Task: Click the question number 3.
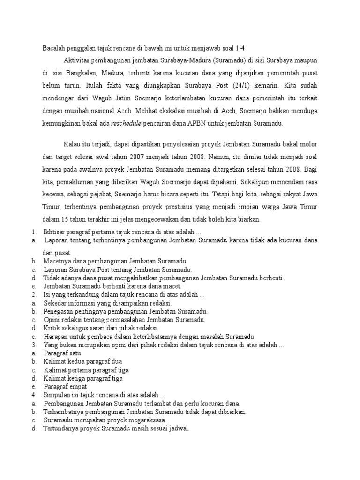click(x=34, y=345)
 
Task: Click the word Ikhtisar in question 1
click(x=55, y=232)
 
